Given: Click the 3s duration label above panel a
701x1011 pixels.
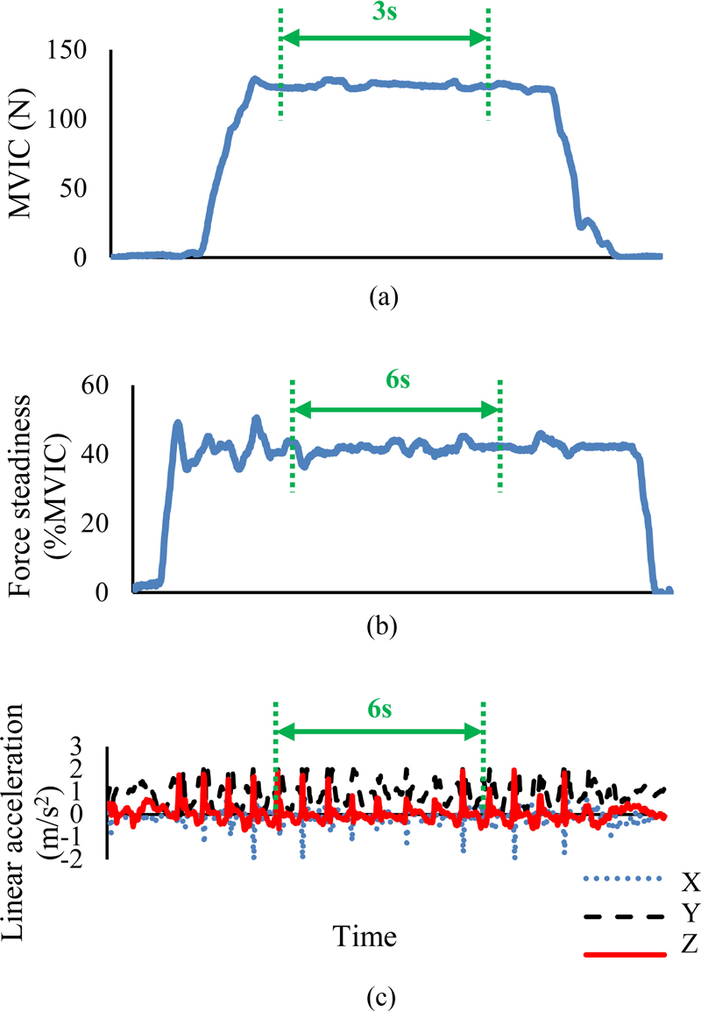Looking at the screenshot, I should pos(383,16).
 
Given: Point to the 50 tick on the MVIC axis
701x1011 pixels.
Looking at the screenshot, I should pos(76,188).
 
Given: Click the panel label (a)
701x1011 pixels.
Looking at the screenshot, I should pos(383,298).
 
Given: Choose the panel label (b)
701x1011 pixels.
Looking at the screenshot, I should pos(383,627).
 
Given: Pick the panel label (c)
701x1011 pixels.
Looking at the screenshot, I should pos(383,996).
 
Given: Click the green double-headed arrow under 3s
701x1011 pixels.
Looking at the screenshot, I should pos(383,39).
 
